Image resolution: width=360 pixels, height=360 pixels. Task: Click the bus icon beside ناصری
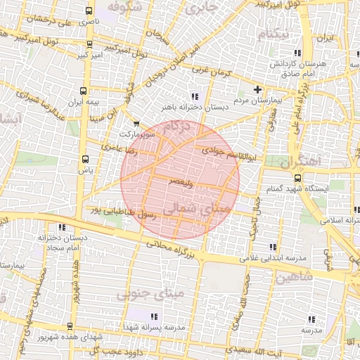click(88, 11)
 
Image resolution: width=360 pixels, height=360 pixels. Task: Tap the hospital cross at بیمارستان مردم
click(258, 89)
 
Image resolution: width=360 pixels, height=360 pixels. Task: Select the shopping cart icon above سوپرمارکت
click(136, 124)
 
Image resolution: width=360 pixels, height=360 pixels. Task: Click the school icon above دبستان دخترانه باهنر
click(195, 96)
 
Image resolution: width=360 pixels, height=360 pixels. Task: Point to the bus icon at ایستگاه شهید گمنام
click(298, 178)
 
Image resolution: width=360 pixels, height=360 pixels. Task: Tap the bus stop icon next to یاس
click(86, 159)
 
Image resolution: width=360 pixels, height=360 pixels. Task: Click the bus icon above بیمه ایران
click(84, 91)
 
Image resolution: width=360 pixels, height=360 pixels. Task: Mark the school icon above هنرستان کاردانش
click(299, 52)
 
